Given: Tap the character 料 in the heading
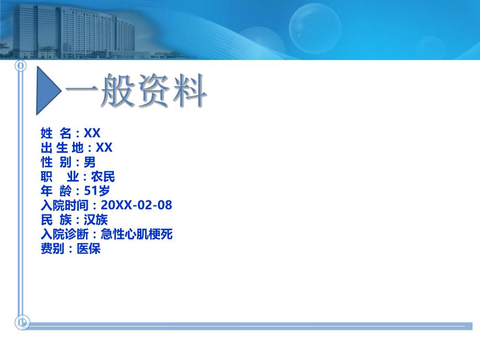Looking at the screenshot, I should click(x=187, y=92).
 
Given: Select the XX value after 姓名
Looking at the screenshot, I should click(x=92, y=133).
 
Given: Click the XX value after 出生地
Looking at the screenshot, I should click(x=104, y=148).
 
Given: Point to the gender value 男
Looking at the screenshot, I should click(x=90, y=162).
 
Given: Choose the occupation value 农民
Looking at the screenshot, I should click(x=103, y=176).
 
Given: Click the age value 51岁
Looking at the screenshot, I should click(x=97, y=191).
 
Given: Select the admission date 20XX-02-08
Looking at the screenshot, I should click(x=136, y=205).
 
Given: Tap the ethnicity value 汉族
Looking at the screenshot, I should click(x=95, y=220).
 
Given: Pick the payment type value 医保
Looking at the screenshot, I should click(x=88, y=249).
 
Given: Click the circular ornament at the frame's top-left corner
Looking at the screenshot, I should click(x=20, y=66).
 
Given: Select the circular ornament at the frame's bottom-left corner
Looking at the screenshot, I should click(x=22, y=322).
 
